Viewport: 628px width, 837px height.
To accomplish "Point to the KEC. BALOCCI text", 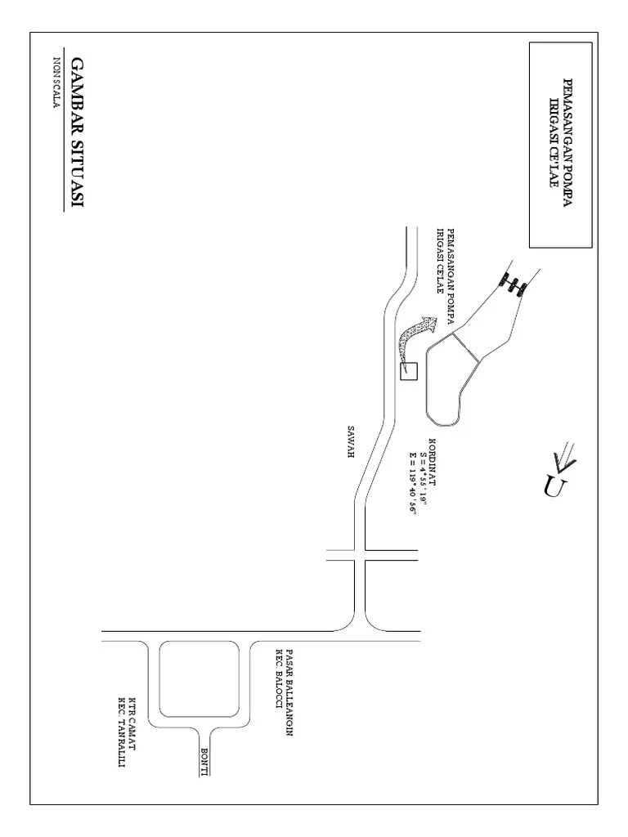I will (x=279, y=683).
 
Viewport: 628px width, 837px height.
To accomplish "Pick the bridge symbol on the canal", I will (x=514, y=284).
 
